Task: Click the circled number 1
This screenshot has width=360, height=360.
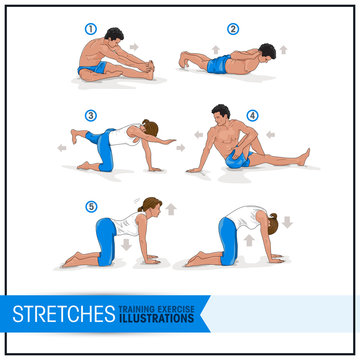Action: click(89, 29)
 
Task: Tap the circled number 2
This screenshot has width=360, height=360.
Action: click(234, 29)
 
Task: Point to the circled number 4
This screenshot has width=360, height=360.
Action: click(252, 114)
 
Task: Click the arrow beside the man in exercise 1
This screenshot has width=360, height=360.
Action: click(135, 46)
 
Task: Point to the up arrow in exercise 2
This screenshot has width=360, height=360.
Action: click(283, 48)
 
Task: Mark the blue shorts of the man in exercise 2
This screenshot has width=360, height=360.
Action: click(216, 66)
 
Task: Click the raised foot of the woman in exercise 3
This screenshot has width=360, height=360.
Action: click(74, 131)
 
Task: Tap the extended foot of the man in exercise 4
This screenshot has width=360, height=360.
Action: click(304, 156)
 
